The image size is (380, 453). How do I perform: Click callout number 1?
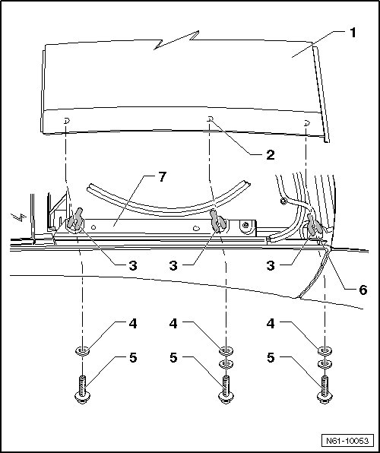coord(353,33)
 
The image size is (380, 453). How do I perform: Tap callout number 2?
coord(271,155)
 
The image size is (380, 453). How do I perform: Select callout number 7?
coord(163,177)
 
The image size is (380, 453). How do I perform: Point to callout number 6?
coord(363,290)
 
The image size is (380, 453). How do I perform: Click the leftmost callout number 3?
coord(133,265)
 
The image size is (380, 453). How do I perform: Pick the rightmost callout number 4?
coord(271,324)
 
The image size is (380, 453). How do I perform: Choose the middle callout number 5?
coord(173,358)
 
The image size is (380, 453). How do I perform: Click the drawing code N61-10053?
coord(347,441)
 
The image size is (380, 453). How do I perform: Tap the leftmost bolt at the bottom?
coord(82,389)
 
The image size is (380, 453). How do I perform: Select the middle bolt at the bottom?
coord(226,389)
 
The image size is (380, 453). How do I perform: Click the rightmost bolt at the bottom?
coord(325,389)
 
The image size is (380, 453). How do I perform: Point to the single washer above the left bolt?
coord(82,351)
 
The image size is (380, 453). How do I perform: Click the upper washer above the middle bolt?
coord(226,350)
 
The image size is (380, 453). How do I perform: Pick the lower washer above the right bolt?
coord(325,363)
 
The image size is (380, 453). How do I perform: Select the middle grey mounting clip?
coord(217,221)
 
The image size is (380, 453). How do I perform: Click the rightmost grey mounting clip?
coord(313,225)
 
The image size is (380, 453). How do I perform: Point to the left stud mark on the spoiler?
coord(67,121)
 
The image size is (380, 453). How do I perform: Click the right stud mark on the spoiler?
coord(307,123)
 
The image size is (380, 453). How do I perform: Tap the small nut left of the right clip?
coord(284,201)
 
